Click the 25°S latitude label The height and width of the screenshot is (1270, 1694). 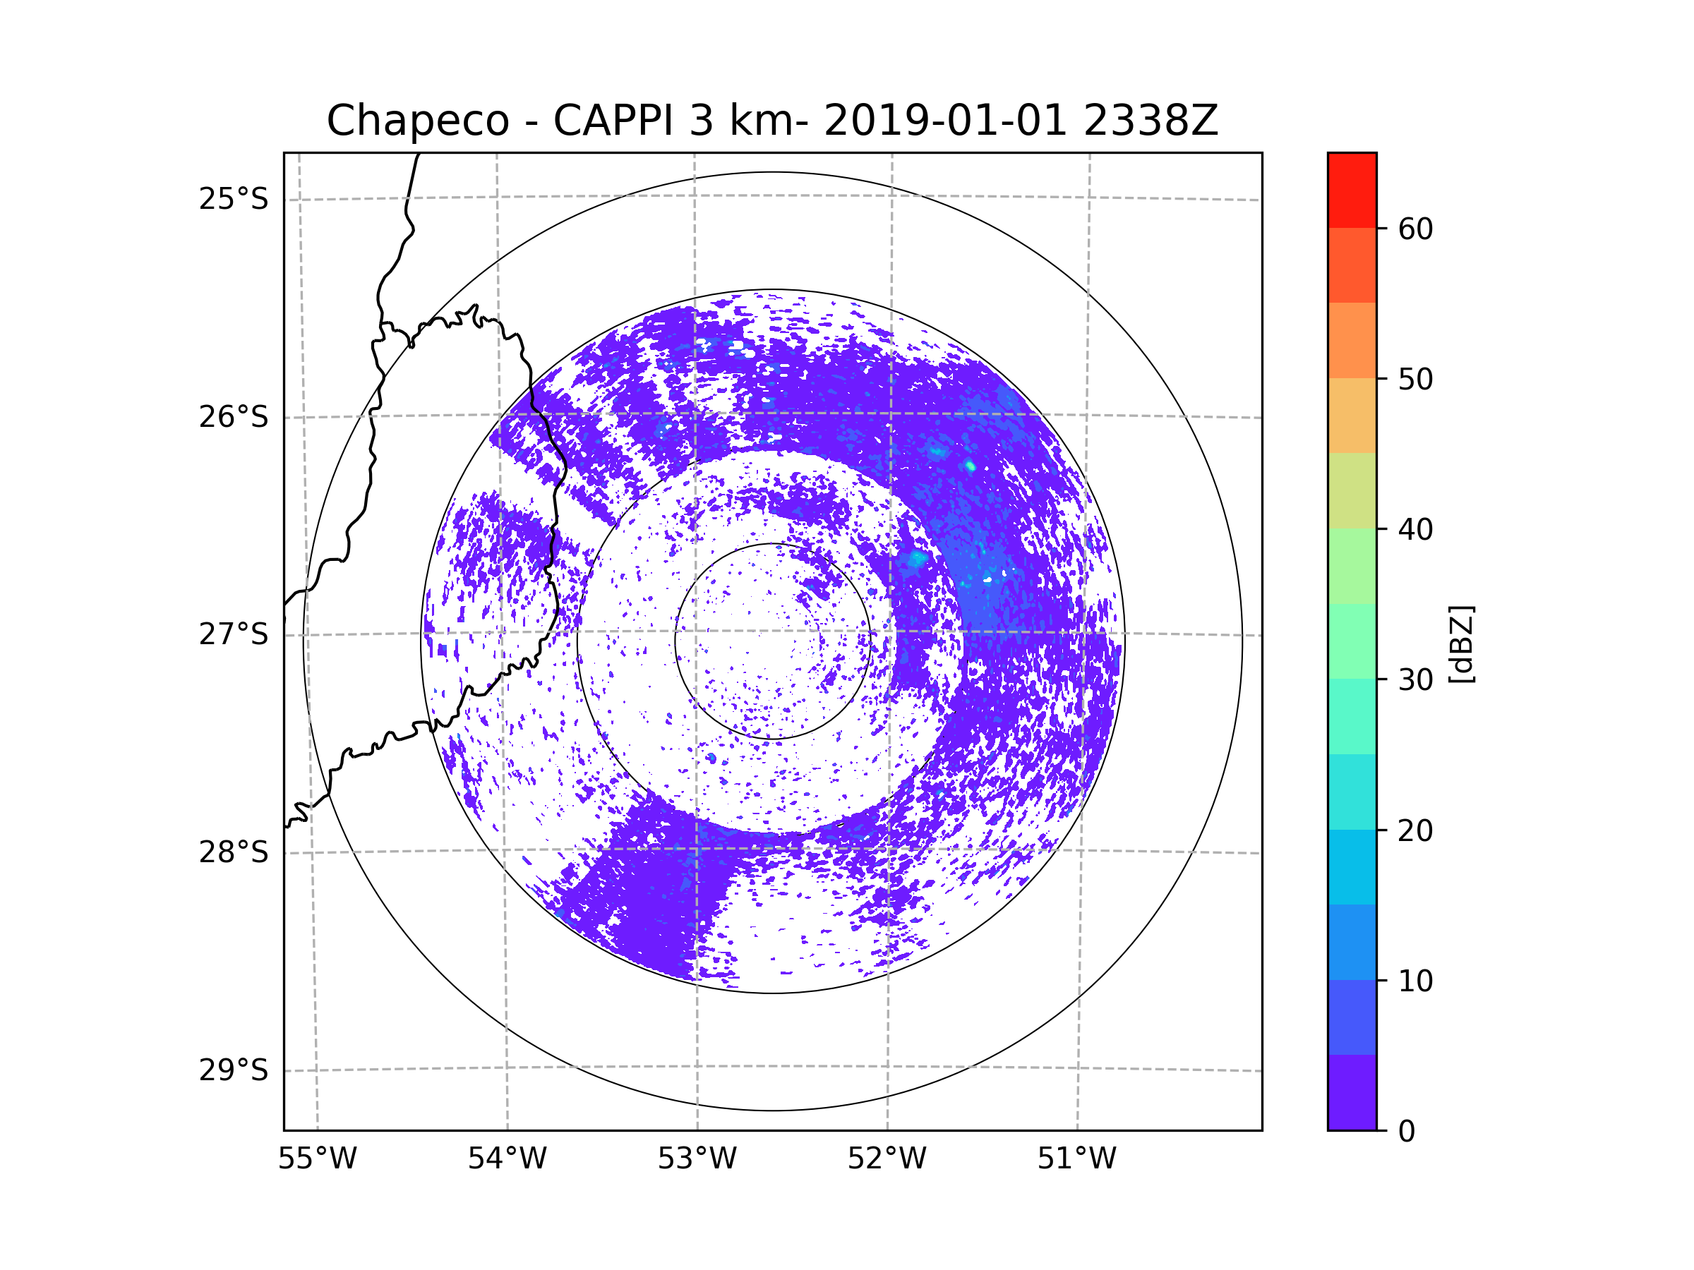point(234,200)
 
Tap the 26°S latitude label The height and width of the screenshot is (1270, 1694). point(234,417)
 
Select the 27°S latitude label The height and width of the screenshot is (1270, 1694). point(234,634)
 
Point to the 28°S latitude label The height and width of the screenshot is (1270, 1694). point(234,852)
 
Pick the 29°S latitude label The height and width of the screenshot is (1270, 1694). point(234,1070)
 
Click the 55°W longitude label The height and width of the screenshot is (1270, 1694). point(317,1159)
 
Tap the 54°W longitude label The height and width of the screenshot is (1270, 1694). point(507,1159)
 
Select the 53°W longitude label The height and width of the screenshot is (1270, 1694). point(697,1159)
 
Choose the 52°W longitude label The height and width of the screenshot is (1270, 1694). point(887,1159)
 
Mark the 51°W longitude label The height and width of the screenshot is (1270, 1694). point(1076,1159)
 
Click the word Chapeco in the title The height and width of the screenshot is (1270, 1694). point(417,121)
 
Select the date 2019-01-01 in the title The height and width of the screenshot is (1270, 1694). point(944,121)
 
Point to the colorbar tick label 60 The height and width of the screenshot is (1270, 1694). point(1415,229)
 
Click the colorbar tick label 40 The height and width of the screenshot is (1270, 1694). point(1415,530)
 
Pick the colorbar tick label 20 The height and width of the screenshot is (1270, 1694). point(1415,830)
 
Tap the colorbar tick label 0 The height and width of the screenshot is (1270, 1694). point(1407,1132)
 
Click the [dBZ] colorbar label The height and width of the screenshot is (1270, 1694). point(1461,643)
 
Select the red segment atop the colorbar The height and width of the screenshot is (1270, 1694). point(1352,190)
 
